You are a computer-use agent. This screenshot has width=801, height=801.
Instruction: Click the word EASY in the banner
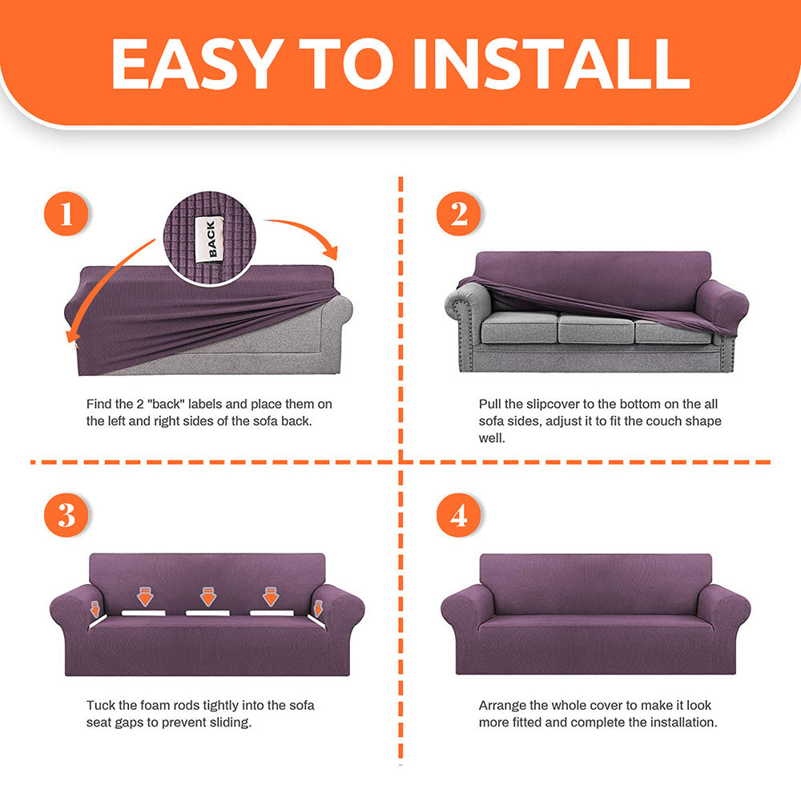point(197,64)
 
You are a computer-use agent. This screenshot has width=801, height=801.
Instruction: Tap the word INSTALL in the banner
point(552,64)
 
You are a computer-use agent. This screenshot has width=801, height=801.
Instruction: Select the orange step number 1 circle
point(66,214)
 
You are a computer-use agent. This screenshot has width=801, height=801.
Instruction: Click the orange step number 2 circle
point(459,214)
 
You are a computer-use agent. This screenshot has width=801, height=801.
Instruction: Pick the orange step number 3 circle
point(66,514)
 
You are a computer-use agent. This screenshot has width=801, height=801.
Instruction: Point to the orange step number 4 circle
point(459,514)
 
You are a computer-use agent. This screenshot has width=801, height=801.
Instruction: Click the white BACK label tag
point(210,239)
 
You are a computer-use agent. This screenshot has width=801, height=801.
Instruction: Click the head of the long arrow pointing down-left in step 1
point(72,335)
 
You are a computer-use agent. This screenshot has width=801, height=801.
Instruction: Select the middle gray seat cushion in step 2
point(596,328)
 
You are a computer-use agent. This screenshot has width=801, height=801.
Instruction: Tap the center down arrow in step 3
point(208,597)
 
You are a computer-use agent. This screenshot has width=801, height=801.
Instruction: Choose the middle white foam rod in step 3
point(207,613)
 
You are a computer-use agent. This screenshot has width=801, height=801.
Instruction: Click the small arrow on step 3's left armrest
point(95,609)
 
